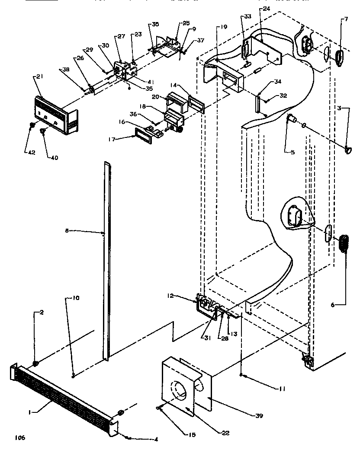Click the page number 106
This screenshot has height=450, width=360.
click(19, 438)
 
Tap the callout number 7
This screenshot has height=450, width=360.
click(345, 19)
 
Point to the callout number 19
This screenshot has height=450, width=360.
click(223, 26)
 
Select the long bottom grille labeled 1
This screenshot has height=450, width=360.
click(61, 392)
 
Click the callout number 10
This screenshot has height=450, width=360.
click(76, 298)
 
